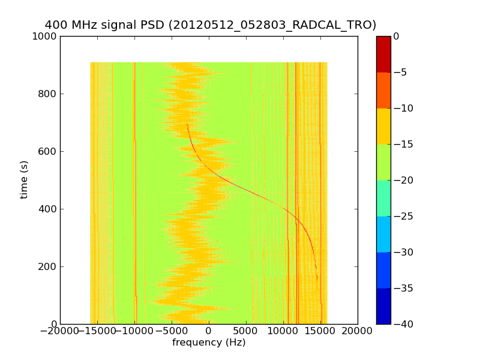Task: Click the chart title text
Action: pyautogui.click(x=211, y=25)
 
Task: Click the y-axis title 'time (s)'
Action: pyautogui.click(x=25, y=179)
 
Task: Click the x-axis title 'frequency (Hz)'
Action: pyautogui.click(x=209, y=343)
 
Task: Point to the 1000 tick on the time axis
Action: pyautogui.click(x=46, y=37)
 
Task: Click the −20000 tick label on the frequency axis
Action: pyautogui.click(x=60, y=332)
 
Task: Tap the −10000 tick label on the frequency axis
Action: pyautogui.click(x=134, y=332)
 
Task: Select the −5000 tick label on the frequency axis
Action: pyautogui.click(x=172, y=332)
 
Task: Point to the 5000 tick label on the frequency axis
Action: pyautogui.click(x=246, y=332)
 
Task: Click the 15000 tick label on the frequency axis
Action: pyautogui.click(x=320, y=332)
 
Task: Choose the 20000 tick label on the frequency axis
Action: pyautogui.click(x=358, y=332)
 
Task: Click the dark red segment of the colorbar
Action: pyautogui.click(x=383, y=54)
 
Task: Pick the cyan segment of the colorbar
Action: pyautogui.click(x=383, y=234)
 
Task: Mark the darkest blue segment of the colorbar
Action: pyautogui.click(x=383, y=306)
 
